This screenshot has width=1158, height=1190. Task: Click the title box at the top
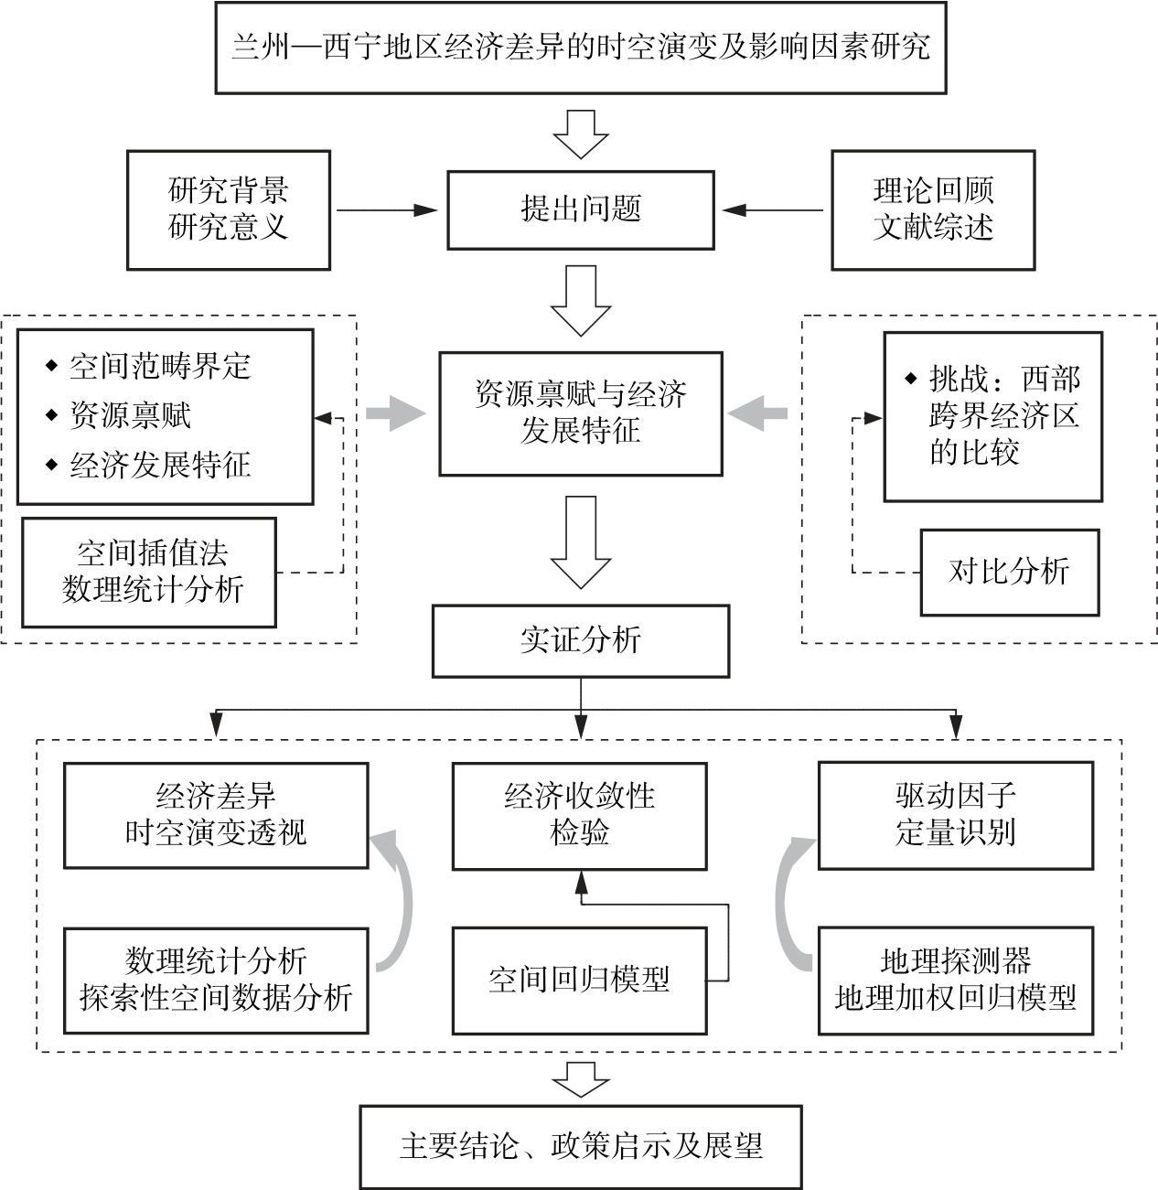(580, 48)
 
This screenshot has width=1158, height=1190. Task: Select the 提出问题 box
(580, 209)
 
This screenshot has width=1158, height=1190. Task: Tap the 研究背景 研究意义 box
(228, 209)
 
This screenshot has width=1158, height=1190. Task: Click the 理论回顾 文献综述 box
(933, 209)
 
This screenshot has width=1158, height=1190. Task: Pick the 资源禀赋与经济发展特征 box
(580, 413)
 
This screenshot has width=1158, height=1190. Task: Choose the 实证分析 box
(580, 641)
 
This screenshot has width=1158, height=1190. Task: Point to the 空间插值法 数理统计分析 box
(148, 572)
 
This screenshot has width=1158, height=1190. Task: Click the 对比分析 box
(1009, 572)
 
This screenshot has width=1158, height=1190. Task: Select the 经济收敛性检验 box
(580, 815)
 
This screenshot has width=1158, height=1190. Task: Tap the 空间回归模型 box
(580, 981)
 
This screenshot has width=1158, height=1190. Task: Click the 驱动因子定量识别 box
(955, 815)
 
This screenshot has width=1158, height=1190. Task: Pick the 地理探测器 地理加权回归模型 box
(955, 981)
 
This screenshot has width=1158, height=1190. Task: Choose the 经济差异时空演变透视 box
(216, 815)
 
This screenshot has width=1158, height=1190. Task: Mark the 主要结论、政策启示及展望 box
(580, 1147)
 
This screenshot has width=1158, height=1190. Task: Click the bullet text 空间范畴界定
(160, 367)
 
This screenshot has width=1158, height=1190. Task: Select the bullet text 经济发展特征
(160, 465)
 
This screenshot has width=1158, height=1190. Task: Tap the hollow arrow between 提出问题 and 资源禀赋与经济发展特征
(580, 300)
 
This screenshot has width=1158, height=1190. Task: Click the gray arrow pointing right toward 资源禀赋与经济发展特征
(395, 413)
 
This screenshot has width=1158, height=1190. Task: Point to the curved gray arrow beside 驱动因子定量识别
(791, 901)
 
